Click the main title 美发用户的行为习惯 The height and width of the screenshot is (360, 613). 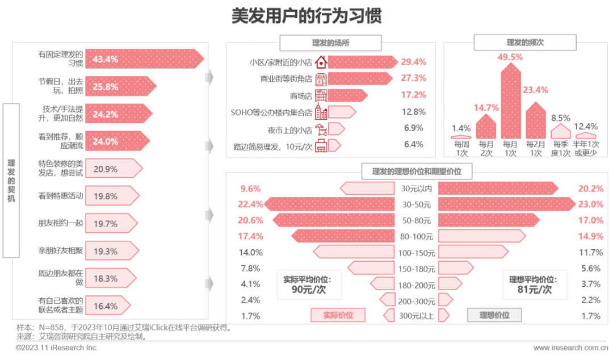pos(306,16)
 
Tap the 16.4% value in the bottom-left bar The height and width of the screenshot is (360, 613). pos(105,306)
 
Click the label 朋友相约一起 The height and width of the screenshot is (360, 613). pos(60,223)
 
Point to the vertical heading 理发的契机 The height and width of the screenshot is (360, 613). pos(11,181)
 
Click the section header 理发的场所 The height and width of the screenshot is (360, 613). pos(330,43)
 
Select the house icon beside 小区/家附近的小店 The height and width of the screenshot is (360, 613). pos(321,62)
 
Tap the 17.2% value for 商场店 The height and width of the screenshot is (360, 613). pos(414,95)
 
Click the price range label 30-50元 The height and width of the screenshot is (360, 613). pos(416,204)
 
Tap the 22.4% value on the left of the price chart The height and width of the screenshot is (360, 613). pos(250,204)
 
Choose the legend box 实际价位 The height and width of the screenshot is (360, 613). pos(337,315)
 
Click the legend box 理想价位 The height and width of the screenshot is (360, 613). pos(494,315)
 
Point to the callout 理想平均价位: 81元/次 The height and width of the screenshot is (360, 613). pos(532,284)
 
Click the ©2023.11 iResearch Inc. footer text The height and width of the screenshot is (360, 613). pos(57,348)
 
